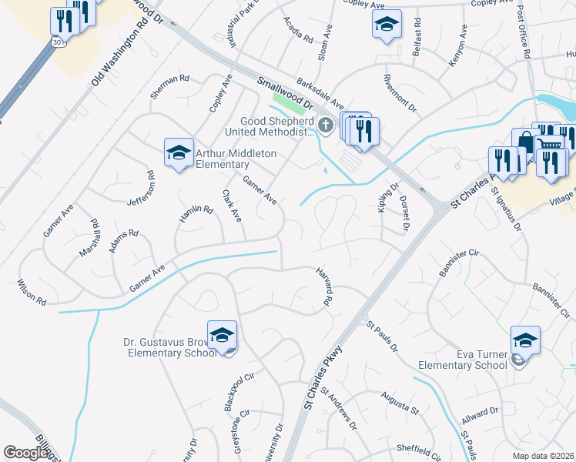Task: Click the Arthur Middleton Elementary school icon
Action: (x=179, y=152)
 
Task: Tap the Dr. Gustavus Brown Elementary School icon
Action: (x=222, y=335)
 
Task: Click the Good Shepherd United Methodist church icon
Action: (x=326, y=125)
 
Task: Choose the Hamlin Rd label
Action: (x=195, y=213)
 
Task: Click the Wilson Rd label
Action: (x=31, y=294)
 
